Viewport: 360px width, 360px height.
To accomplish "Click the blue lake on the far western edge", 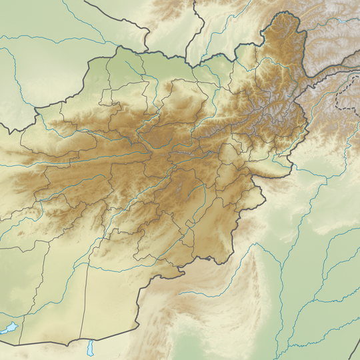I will point(9,329).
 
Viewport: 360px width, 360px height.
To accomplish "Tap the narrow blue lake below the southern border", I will point(91,348).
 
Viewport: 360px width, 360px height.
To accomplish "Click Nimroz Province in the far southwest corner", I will point(27,293).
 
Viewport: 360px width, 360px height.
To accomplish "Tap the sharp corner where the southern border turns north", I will point(137,326).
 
